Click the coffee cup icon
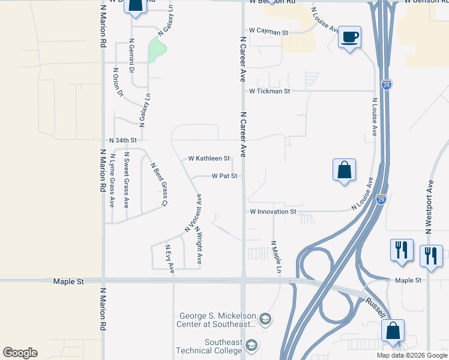349,38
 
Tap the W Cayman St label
269,31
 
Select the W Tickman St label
270,91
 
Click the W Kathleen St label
209,159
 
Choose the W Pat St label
225,176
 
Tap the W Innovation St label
273,212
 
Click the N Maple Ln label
276,257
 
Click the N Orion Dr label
118,82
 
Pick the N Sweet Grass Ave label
127,179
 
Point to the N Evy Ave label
169,259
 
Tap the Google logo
20,353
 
